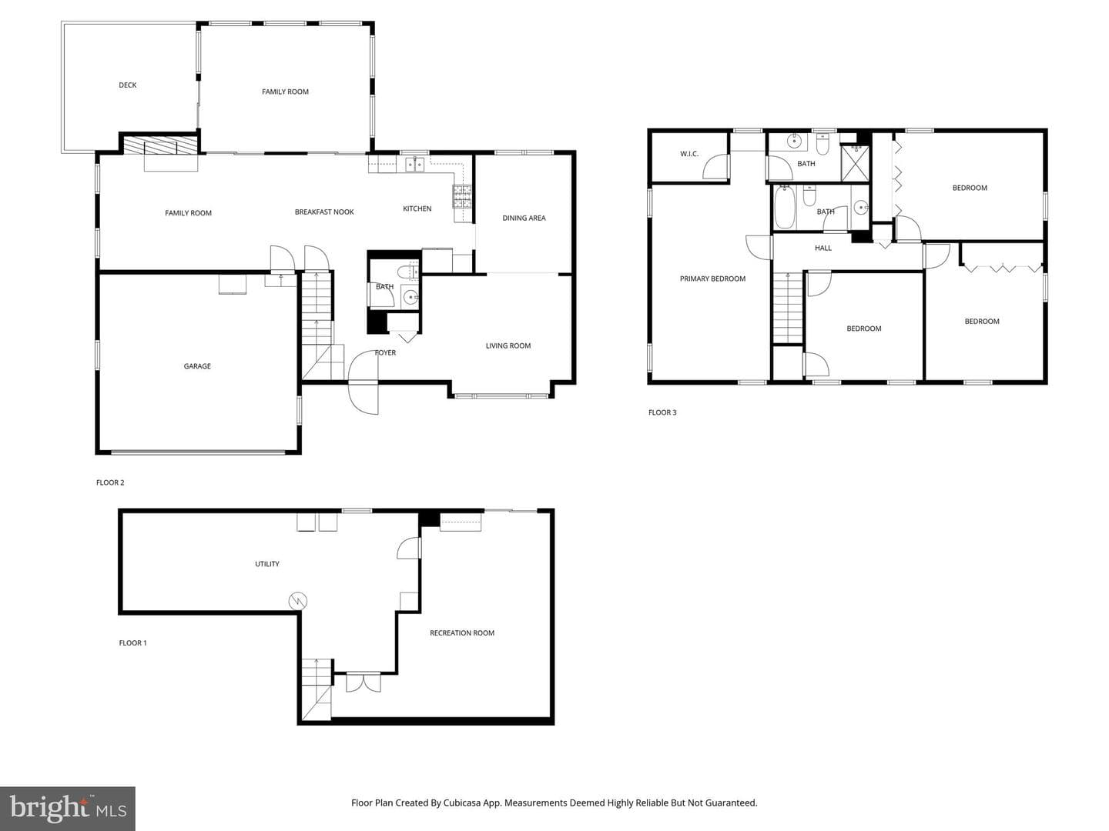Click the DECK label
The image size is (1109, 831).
(127, 85)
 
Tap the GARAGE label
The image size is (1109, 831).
(197, 366)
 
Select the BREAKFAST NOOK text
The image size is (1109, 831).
(324, 212)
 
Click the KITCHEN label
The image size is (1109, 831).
(417, 209)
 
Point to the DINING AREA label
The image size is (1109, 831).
(524, 218)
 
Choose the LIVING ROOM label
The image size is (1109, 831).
(508, 345)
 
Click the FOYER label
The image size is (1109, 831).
(385, 352)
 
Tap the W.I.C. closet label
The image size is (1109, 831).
(689, 154)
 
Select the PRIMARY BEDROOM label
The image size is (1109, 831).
(712, 279)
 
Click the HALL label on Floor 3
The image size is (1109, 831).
(823, 248)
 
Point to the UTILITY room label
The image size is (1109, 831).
(266, 564)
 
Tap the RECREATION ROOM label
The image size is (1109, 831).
(462, 632)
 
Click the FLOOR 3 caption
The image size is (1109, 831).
(662, 412)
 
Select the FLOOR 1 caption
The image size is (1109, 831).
(133, 642)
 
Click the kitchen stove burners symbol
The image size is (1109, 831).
(462, 197)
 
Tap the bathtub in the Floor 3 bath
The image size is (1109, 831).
(785, 208)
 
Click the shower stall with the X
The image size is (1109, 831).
(855, 163)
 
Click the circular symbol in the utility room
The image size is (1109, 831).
(297, 601)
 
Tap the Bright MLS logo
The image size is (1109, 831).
(68, 809)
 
